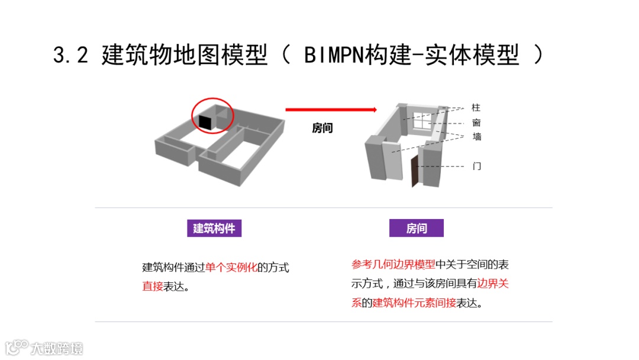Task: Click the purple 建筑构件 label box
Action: point(214,228)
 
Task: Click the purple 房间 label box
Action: point(416,228)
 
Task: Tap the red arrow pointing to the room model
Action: point(331,110)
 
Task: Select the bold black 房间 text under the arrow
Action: point(322,128)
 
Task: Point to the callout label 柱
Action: point(476,108)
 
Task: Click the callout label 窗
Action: point(476,123)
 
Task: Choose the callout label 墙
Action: point(476,137)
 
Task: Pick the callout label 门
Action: point(476,166)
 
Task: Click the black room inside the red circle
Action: point(205,121)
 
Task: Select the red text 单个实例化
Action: point(231,267)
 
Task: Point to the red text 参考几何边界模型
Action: point(393,264)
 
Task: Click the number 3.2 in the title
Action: point(70,56)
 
